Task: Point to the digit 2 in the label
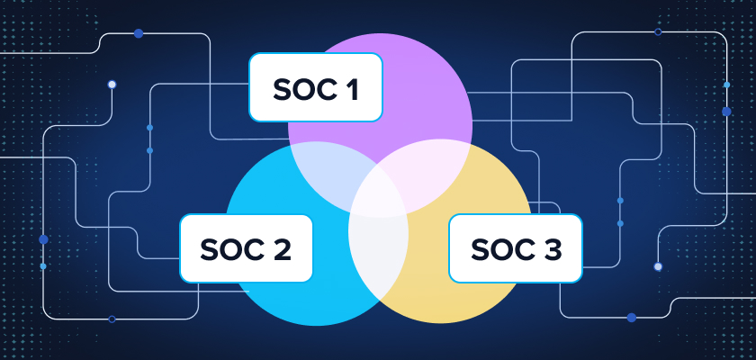tap(281, 248)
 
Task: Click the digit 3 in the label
tap(551, 248)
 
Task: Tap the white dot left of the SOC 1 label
tap(112, 85)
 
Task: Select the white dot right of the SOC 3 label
tap(658, 266)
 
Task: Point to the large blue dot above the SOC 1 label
tap(139, 33)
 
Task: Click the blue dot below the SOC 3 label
tap(631, 317)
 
